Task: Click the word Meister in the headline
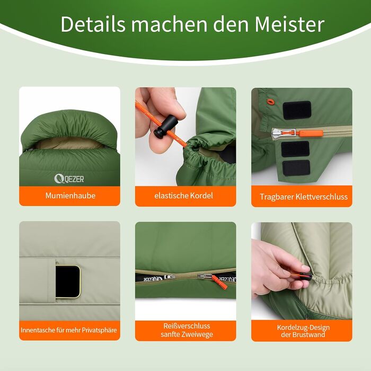click(x=289, y=24)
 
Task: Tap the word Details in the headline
click(x=93, y=24)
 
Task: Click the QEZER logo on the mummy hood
click(x=69, y=179)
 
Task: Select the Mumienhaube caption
click(x=70, y=196)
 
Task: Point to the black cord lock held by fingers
click(x=165, y=126)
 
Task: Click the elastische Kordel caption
click(x=183, y=196)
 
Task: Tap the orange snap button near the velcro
click(x=270, y=102)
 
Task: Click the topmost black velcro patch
click(x=297, y=110)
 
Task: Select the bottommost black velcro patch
click(x=296, y=168)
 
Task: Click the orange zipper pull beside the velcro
click(x=310, y=133)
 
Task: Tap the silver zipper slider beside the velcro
click(x=283, y=134)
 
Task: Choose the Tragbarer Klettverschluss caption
click(x=304, y=197)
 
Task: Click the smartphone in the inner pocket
click(x=68, y=281)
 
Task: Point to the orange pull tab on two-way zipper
click(x=219, y=282)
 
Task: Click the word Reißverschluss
click(x=187, y=326)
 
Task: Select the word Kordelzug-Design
click(x=303, y=328)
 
